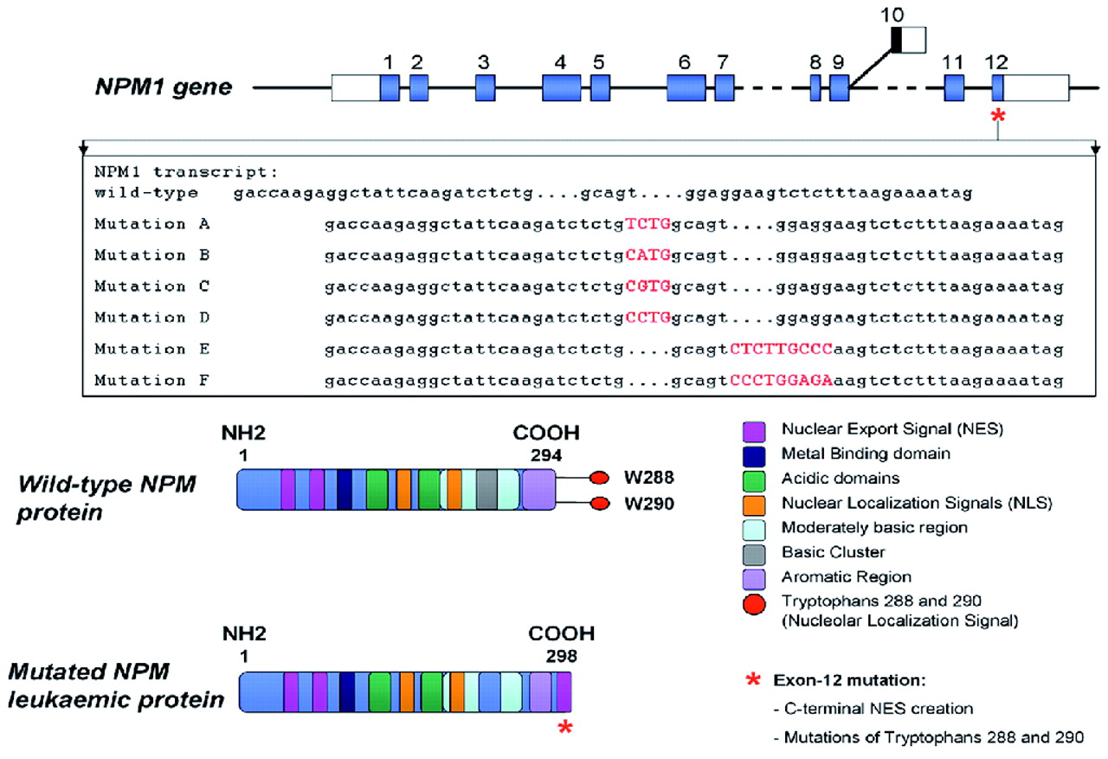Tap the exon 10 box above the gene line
pyautogui.click(x=908, y=40)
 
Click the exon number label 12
pyautogui.click(x=996, y=61)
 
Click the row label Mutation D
pyautogui.click(x=152, y=318)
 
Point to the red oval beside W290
pyautogui.click(x=598, y=505)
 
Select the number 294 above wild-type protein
pyautogui.click(x=543, y=453)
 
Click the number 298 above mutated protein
pyautogui.click(x=561, y=654)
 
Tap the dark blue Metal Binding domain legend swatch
pyautogui.click(x=753, y=453)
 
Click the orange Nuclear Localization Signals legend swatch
pyautogui.click(x=753, y=502)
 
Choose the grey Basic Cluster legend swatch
pyautogui.click(x=753, y=551)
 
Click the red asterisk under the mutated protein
pyautogui.click(x=565, y=728)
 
